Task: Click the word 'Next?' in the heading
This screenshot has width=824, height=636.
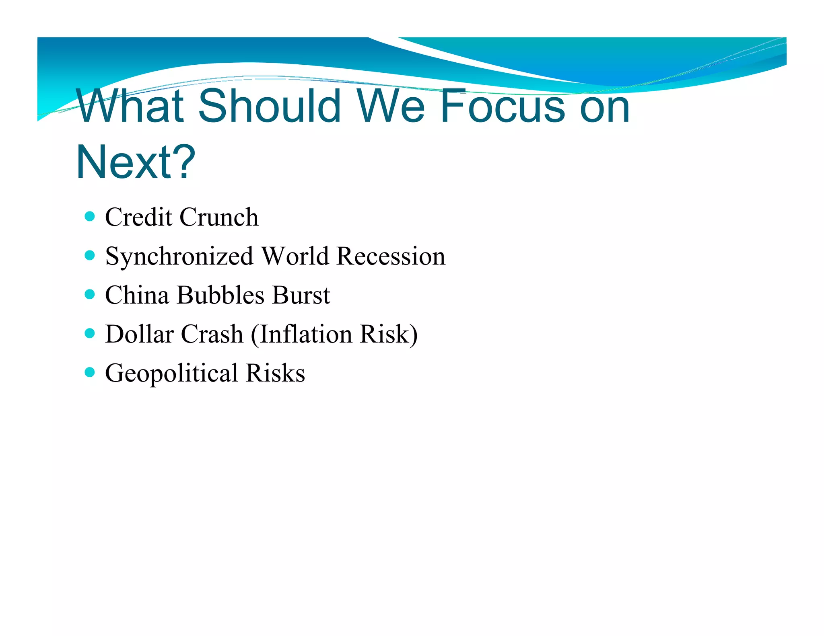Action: coord(136,162)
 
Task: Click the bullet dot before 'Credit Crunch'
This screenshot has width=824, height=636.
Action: coord(90,217)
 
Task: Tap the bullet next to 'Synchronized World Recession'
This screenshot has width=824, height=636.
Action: coord(90,256)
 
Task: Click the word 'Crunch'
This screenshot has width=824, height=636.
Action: coord(219,217)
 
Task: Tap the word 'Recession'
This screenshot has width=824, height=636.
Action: coord(391,256)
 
